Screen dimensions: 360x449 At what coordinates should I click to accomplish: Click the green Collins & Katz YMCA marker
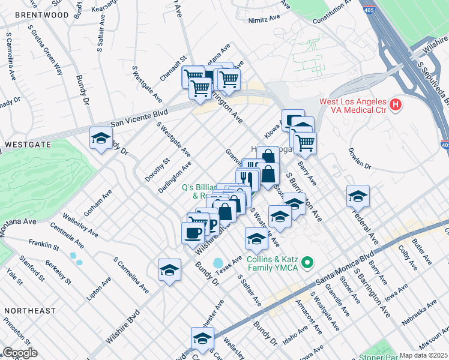point(307,262)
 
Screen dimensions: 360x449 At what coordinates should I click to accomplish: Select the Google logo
point(20,353)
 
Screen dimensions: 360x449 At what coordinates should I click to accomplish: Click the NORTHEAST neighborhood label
point(30,311)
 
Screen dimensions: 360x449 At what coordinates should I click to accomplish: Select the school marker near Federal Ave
point(358,197)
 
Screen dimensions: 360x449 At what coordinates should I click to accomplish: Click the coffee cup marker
point(193,232)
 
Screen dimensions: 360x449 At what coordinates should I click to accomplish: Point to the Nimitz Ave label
point(264,20)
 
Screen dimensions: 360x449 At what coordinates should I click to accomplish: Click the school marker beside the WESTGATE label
point(101,139)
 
